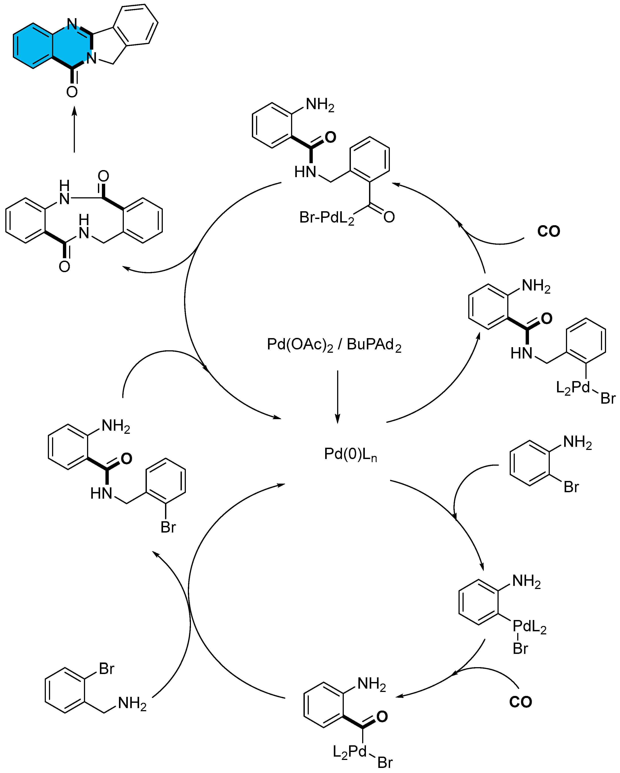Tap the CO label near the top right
click(548, 231)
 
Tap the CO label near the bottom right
click(520, 702)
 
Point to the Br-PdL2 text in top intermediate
click(326, 218)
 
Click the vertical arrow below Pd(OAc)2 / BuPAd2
click(337, 396)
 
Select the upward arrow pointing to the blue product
click(74, 129)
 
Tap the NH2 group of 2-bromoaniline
click(577, 442)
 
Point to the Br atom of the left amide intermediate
click(168, 527)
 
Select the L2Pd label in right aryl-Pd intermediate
click(572, 387)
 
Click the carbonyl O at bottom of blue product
click(72, 92)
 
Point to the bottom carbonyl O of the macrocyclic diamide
click(64, 266)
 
